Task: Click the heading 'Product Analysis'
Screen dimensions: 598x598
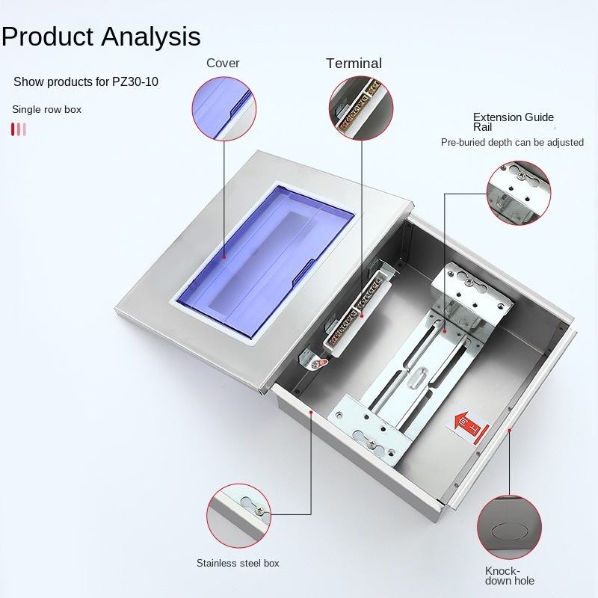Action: (x=101, y=36)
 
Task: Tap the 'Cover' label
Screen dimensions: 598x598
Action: (x=223, y=63)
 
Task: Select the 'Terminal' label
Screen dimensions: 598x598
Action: (x=354, y=64)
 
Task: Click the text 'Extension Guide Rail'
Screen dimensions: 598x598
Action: (x=514, y=122)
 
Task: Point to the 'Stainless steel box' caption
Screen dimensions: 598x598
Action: (x=238, y=563)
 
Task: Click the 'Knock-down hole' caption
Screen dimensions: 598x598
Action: (x=510, y=575)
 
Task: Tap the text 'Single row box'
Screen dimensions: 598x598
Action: (x=46, y=109)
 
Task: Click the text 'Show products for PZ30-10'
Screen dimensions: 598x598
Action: (x=86, y=81)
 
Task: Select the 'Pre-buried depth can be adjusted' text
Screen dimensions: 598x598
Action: (x=512, y=142)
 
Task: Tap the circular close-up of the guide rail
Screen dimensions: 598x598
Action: (x=517, y=192)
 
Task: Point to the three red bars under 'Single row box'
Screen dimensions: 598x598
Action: (x=19, y=129)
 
